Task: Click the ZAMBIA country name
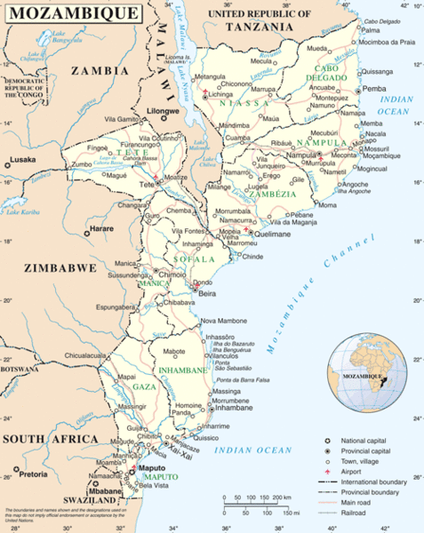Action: [99, 69]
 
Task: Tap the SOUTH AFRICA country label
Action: [50, 439]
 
